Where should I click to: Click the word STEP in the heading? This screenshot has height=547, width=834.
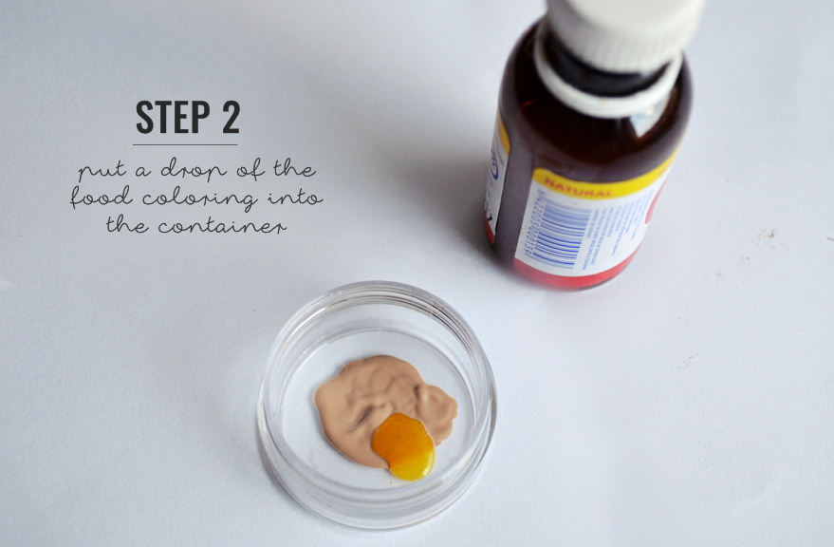[x=170, y=117]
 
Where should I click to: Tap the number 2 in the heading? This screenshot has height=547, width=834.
[x=229, y=117]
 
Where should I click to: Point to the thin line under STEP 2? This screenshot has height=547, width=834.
[x=185, y=144]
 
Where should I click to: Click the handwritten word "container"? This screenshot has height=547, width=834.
[x=223, y=227]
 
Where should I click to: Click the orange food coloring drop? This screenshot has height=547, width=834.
[x=404, y=443]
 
